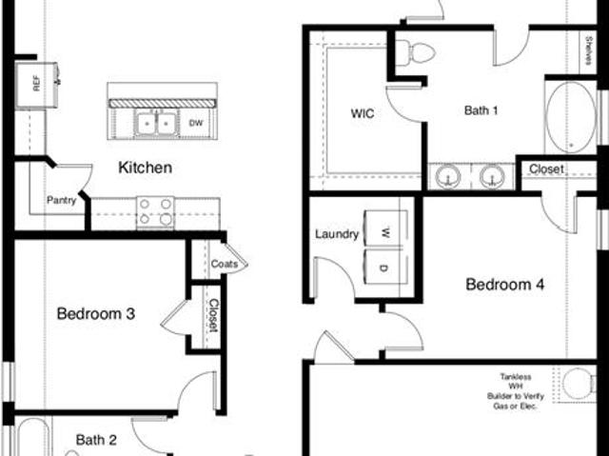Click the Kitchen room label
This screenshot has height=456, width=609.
coord(145,168)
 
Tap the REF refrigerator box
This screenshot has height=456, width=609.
coord(36,85)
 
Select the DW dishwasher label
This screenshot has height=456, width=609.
coord(196,123)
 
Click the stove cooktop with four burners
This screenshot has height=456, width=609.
coord(155,213)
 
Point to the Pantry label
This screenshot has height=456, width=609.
coord(61,201)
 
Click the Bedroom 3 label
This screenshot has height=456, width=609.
coord(96,313)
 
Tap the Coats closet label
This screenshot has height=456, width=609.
coord(225,264)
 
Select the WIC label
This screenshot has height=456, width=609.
coord(363,113)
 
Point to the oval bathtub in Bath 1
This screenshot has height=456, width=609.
coord(571,117)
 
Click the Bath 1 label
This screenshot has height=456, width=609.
coord(481,110)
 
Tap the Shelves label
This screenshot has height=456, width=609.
coord(588,50)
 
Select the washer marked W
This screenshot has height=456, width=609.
coord(385,228)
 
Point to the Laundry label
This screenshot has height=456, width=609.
coord(337,234)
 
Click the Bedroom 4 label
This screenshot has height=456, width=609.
coord(505,285)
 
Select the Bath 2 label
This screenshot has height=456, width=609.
coord(96,440)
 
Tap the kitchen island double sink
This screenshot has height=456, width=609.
coord(156,123)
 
